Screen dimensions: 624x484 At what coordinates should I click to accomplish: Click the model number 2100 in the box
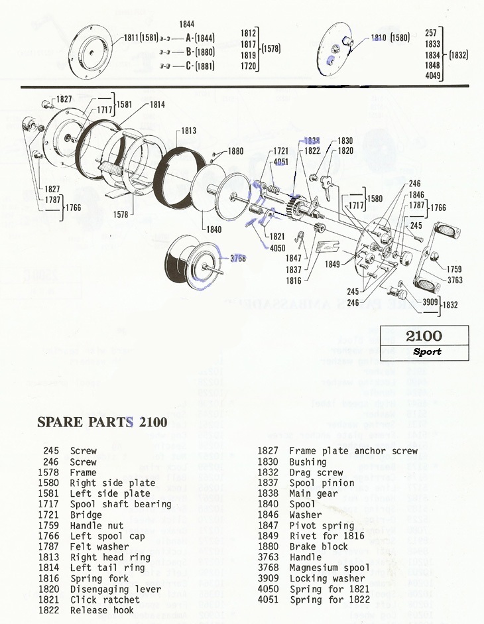pyautogui.click(x=424, y=336)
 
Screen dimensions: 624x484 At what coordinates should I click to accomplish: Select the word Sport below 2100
pyautogui.click(x=426, y=351)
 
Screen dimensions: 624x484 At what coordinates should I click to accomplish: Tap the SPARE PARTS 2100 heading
pyautogui.click(x=102, y=422)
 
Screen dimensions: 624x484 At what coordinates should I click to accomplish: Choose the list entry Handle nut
pyautogui.click(x=97, y=525)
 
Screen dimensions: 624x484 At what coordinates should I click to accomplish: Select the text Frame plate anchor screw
pyautogui.click(x=353, y=451)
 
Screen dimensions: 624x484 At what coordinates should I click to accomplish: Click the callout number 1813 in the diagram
pyautogui.click(x=188, y=131)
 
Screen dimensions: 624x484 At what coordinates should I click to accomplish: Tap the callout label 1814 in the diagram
pyautogui.click(x=157, y=105)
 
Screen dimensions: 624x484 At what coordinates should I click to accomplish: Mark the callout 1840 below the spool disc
pyautogui.click(x=213, y=229)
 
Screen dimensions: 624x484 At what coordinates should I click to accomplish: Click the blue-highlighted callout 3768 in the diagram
pyautogui.click(x=237, y=259)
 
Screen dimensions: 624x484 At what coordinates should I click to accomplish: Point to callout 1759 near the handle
pyautogui.click(x=454, y=269)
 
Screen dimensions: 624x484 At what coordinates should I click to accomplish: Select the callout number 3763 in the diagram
pyautogui.click(x=455, y=280)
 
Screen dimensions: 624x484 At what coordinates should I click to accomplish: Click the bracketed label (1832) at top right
pyautogui.click(x=459, y=56)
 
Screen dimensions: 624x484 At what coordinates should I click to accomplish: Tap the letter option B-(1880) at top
pyautogui.click(x=200, y=51)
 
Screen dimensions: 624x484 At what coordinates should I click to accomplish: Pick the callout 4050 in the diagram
pyautogui.click(x=278, y=248)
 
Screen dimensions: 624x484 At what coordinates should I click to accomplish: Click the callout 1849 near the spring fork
pyautogui.click(x=332, y=264)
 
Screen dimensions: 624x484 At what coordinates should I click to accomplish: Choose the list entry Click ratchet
pyautogui.click(x=105, y=599)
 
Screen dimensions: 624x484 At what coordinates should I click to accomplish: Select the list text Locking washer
pyautogui.click(x=327, y=578)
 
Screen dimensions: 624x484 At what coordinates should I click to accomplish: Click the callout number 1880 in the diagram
pyautogui.click(x=236, y=151)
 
